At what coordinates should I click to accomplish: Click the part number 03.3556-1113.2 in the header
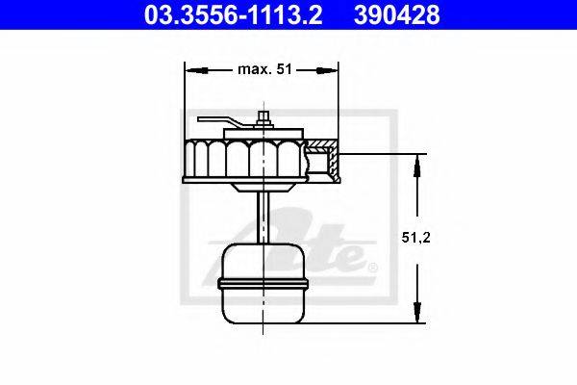234,15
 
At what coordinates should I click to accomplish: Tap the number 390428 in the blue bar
396,15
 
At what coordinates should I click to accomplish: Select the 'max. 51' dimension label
265,69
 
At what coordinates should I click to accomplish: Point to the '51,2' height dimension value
415,238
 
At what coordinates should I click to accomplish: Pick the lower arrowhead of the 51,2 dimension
417,312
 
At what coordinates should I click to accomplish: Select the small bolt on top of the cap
263,117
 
